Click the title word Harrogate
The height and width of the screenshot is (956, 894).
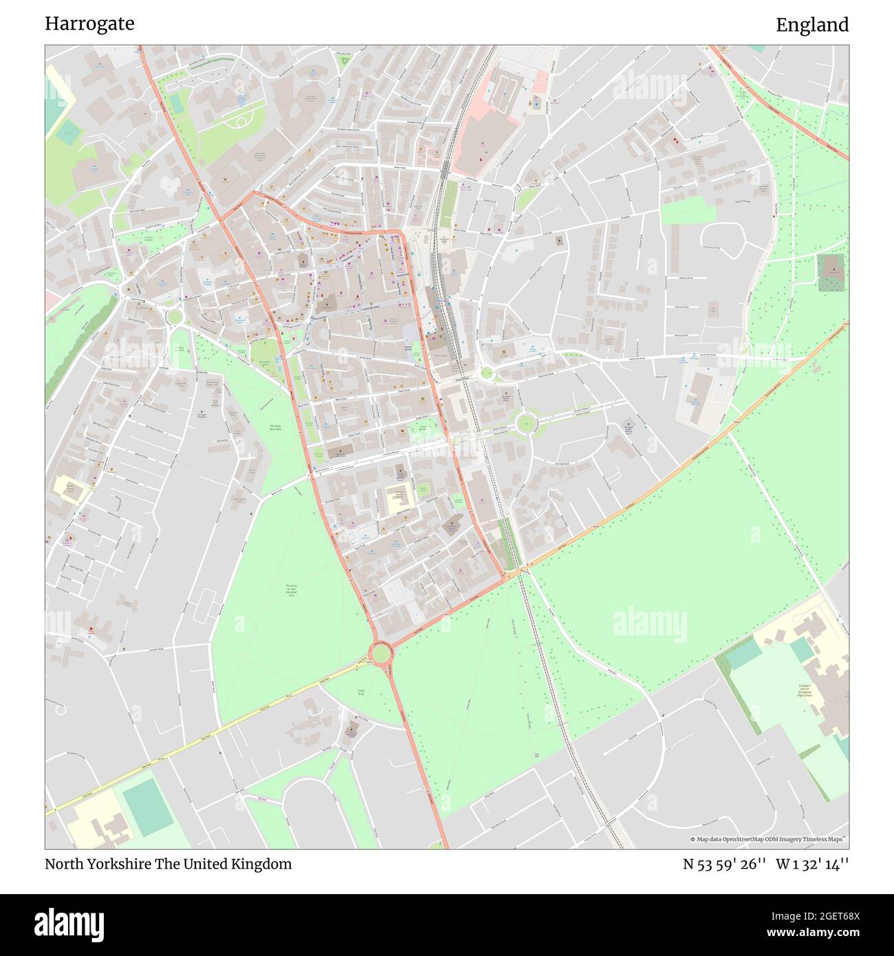[89, 23]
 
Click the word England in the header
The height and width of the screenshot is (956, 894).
[812, 25]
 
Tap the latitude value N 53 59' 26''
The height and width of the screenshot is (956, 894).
[724, 864]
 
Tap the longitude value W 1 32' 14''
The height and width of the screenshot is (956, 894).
[812, 864]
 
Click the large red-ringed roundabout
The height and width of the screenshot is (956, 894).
[380, 651]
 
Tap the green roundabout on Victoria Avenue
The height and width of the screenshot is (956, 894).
[527, 423]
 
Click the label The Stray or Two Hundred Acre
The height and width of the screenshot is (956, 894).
[292, 590]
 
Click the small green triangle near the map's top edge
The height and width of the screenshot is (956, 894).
[345, 61]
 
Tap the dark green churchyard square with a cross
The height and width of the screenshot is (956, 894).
[831, 272]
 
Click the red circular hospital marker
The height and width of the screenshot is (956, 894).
[90, 629]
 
